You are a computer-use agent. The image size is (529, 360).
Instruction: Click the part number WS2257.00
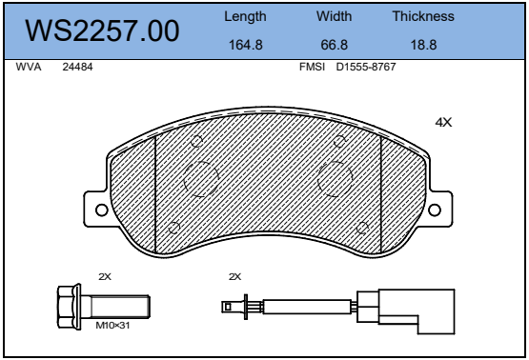pos(102,30)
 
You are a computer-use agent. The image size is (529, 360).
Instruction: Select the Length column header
pos(245,17)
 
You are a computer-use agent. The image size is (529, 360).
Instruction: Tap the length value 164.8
pos(246,45)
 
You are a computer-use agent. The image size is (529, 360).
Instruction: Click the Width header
pos(334,16)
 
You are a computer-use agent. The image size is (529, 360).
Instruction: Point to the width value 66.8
pos(334,45)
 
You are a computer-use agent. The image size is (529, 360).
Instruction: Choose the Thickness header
pos(423,16)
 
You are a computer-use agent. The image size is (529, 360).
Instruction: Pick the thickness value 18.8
pos(423,45)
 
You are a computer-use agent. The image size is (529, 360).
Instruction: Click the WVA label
pos(29,67)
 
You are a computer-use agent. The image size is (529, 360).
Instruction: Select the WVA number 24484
pos(77,67)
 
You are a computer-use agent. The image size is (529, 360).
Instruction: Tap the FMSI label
pos(312,67)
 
